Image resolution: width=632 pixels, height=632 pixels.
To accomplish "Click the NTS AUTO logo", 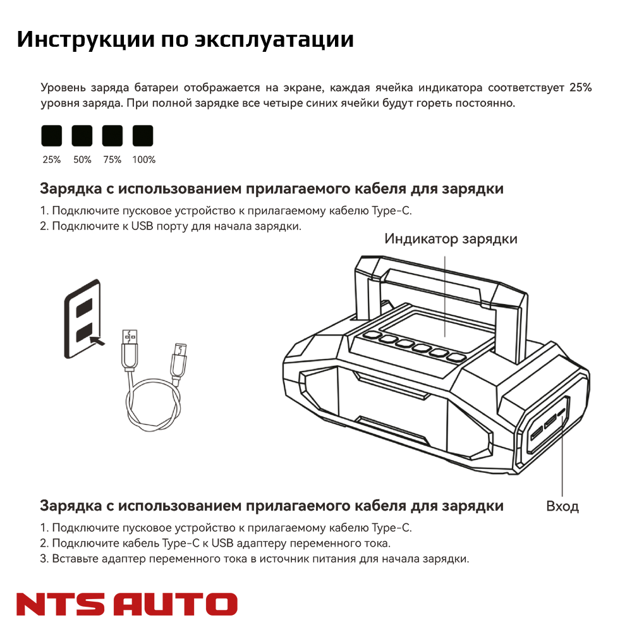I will tap(126, 604).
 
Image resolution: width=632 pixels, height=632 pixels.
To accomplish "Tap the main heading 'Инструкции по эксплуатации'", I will tap(185, 39).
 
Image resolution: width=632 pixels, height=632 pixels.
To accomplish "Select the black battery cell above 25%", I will tap(52, 135).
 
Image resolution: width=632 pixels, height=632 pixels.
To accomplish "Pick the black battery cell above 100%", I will tap(143, 135).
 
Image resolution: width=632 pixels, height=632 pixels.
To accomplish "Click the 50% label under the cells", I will tap(82, 160).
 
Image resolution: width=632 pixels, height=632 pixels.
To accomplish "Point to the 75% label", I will tap(112, 160).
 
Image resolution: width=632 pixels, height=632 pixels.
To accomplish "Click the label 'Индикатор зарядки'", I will tap(451, 239).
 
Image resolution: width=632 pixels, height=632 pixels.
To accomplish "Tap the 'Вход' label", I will tap(562, 506).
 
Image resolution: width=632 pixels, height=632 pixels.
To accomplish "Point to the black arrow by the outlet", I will tap(96, 341).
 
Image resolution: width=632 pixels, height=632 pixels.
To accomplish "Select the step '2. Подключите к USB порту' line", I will tap(170, 226).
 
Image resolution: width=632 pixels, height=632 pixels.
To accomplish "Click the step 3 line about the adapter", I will tap(254, 559).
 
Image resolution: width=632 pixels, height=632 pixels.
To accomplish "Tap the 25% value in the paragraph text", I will tap(580, 88).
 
